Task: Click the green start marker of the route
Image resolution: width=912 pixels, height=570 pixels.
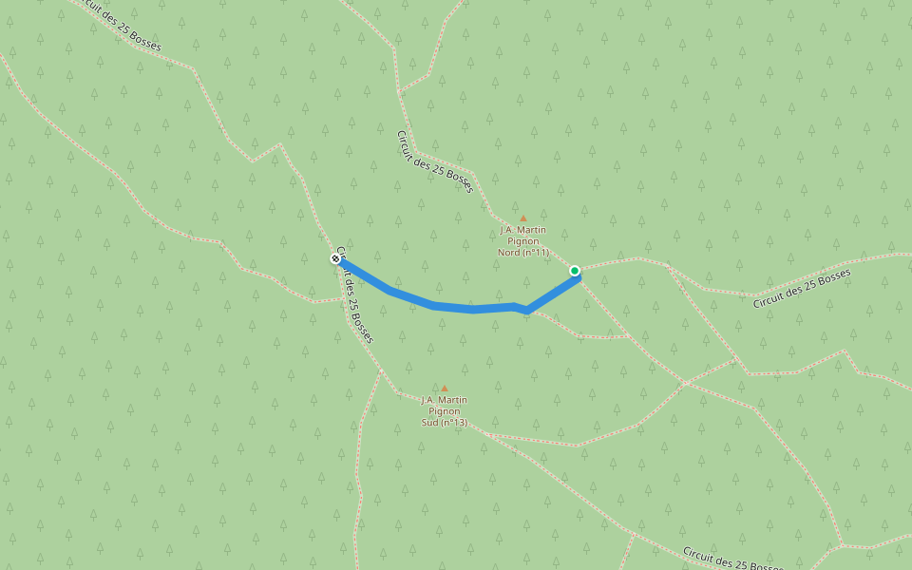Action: pos(575,271)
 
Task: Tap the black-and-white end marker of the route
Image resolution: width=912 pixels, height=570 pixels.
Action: pos(335,258)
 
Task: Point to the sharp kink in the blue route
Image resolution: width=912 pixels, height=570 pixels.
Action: pos(526,310)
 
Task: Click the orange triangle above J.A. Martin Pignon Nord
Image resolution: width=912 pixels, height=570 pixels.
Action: pos(522,218)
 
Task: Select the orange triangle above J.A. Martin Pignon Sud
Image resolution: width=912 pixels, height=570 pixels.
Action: pos(444,388)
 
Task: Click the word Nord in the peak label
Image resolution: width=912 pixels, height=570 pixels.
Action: pos(511,253)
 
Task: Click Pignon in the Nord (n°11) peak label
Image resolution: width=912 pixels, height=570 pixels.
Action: pos(523,241)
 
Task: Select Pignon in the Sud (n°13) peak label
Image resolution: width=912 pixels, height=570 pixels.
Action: pos(445,411)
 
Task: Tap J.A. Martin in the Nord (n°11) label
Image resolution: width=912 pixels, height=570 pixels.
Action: pos(523,230)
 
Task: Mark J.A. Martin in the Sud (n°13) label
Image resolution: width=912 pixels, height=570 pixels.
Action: pos(445,400)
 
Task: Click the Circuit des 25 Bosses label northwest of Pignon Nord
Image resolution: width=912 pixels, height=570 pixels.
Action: pos(434,161)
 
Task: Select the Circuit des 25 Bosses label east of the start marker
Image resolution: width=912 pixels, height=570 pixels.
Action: pos(802,289)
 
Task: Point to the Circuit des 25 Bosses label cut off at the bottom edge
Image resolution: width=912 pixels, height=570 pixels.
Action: pos(731,560)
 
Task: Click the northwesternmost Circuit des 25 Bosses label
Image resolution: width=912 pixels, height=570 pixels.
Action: pos(115,26)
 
